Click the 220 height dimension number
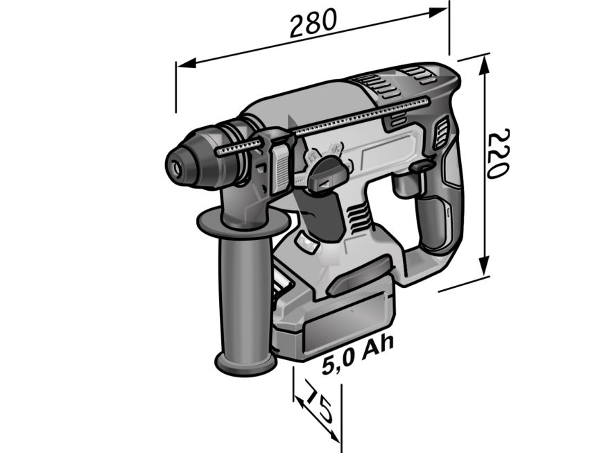point(499,153)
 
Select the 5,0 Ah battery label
point(358,354)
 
